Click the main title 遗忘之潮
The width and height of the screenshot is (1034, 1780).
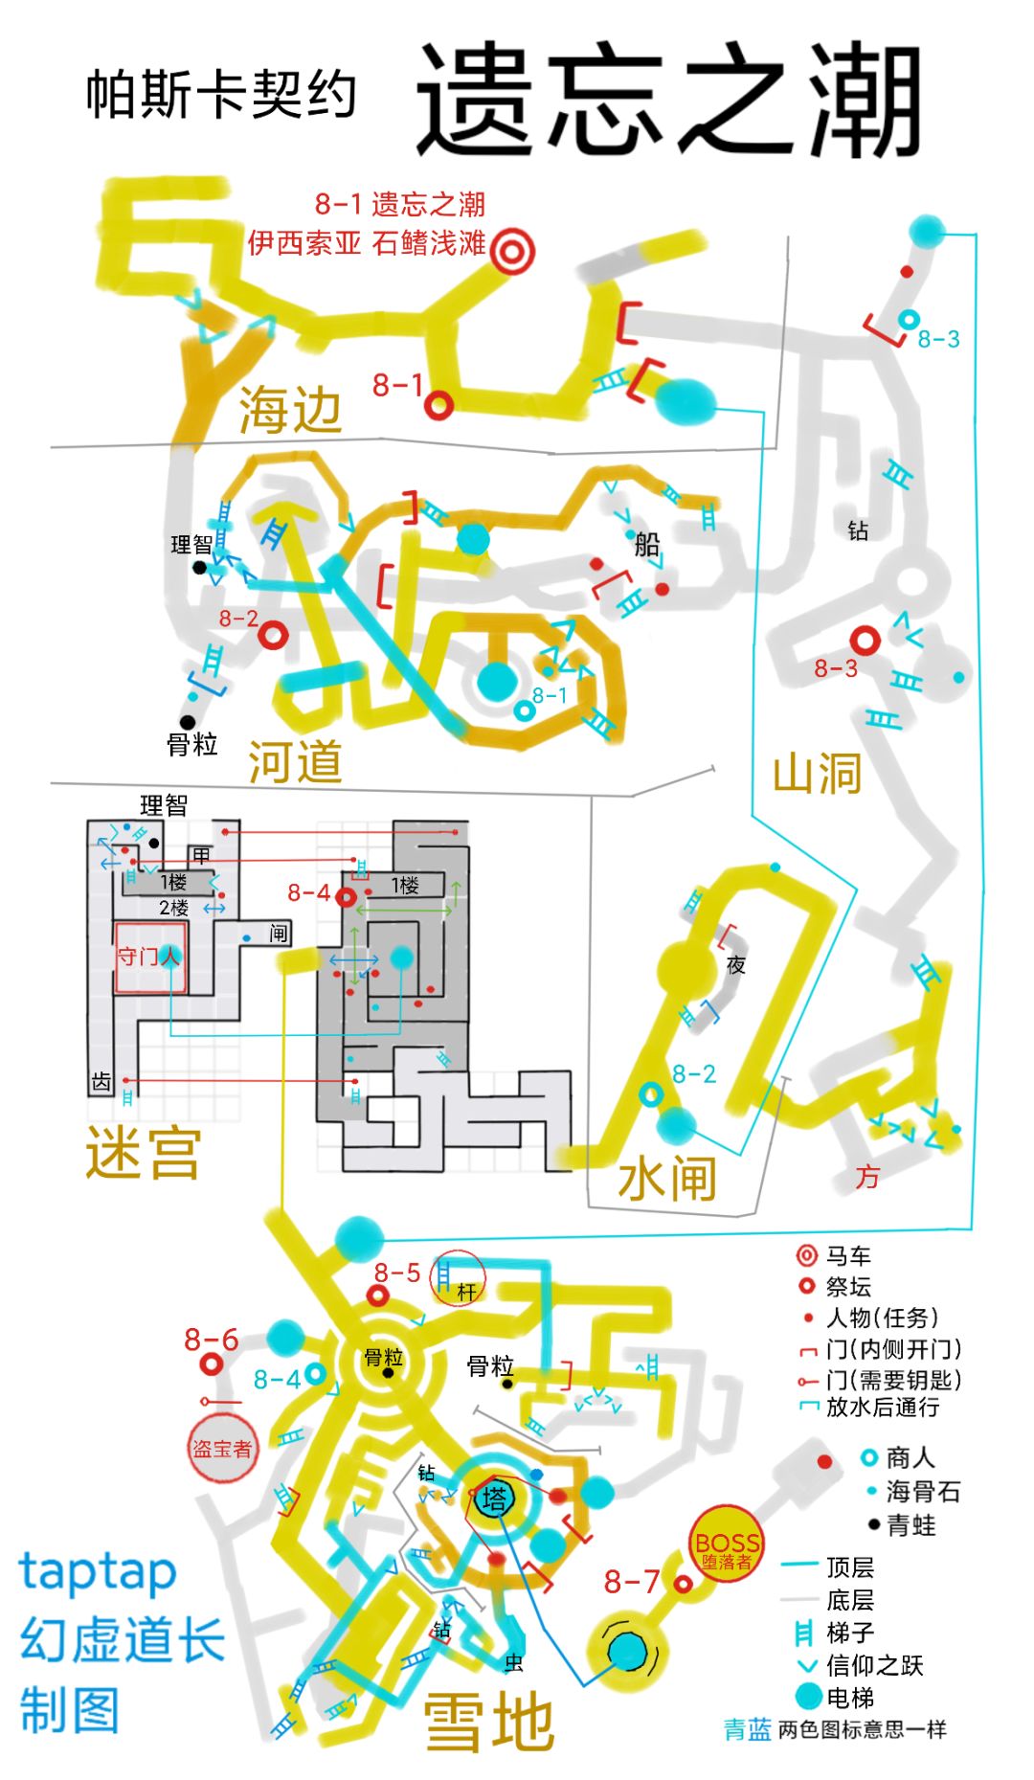668,100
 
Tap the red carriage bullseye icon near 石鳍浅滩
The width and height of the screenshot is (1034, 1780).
512,251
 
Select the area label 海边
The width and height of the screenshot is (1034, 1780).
290,411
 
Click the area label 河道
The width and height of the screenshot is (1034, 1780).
295,762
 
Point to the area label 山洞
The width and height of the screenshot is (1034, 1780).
817,773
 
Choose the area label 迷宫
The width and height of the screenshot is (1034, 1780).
143,1153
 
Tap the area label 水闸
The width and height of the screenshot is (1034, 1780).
667,1178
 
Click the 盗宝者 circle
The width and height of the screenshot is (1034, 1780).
222,1449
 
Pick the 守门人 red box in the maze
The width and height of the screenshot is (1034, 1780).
150,958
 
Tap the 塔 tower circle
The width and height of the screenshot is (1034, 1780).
494,1498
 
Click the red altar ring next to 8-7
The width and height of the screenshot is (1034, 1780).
683,1585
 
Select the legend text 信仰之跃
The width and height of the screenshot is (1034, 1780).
874,1665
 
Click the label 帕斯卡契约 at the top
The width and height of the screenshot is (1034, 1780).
221,95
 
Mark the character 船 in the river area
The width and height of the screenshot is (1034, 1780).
647,545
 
